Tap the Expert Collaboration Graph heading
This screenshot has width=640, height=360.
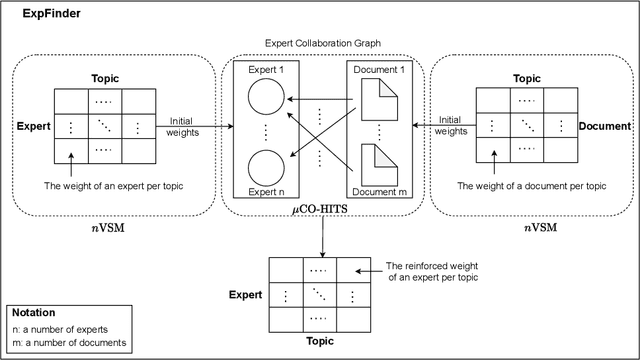point(322,44)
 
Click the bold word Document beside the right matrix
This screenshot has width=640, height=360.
point(604,127)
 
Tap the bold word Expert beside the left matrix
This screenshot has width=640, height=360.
point(33,128)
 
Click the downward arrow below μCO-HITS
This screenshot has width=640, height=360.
point(322,238)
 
